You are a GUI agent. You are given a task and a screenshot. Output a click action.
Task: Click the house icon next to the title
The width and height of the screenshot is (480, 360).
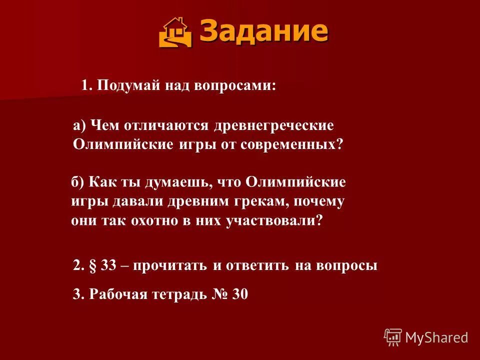point(175,32)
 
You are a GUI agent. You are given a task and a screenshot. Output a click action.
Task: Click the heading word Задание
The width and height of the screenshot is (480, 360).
point(264,31)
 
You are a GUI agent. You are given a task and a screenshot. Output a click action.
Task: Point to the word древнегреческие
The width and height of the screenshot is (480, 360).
point(274,125)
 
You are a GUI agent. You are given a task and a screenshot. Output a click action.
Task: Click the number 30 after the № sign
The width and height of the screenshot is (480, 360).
point(240,294)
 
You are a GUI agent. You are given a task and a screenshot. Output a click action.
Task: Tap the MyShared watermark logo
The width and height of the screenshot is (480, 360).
point(426,337)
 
